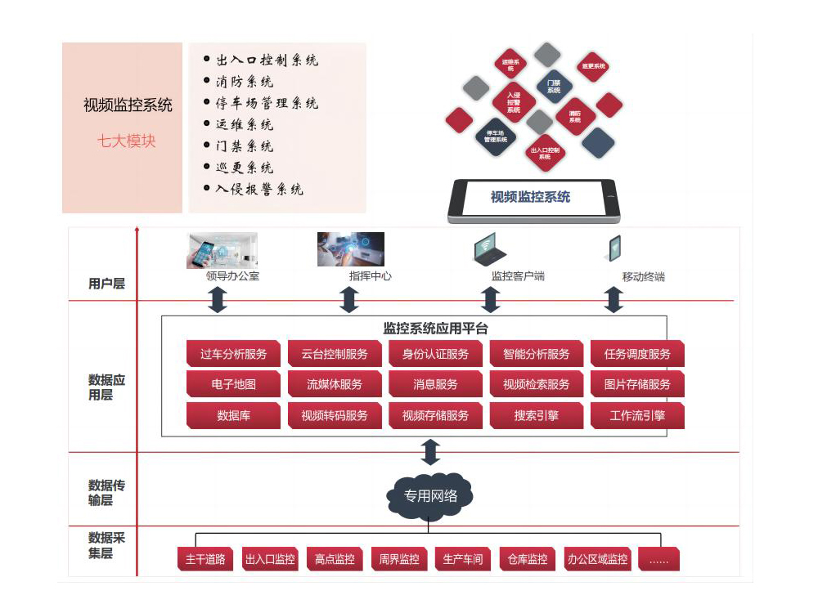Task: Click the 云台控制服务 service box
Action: click(334, 354)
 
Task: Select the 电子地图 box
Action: click(233, 384)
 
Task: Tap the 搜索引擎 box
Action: click(536, 415)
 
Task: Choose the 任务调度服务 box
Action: click(637, 354)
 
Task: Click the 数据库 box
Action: click(233, 415)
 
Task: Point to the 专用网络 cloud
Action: click(430, 495)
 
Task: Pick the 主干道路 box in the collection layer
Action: click(205, 560)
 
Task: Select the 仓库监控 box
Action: click(525, 560)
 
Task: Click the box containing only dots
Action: click(658, 560)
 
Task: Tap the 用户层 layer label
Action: click(106, 284)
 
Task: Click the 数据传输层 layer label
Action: click(106, 493)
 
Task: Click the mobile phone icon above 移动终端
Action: click(613, 248)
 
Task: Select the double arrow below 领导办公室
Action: click(218, 300)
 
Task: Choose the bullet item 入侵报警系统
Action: click(258, 189)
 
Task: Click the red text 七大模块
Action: click(126, 141)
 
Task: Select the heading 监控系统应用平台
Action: click(435, 329)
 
